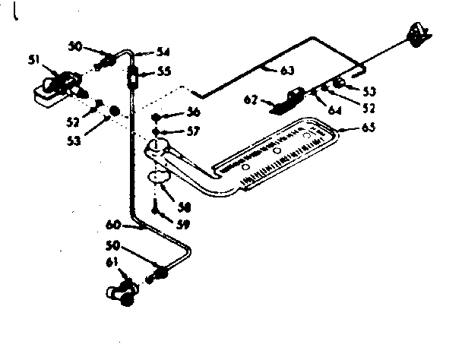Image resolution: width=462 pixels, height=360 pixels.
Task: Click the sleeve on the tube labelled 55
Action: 134,76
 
